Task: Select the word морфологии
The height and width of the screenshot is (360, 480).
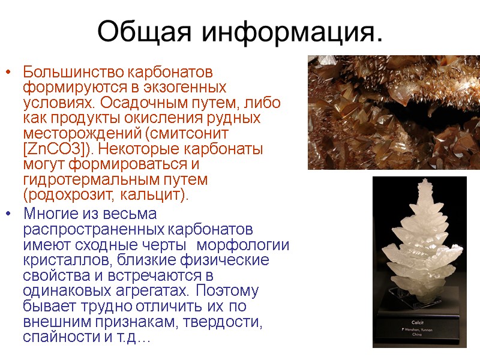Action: (243, 245)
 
